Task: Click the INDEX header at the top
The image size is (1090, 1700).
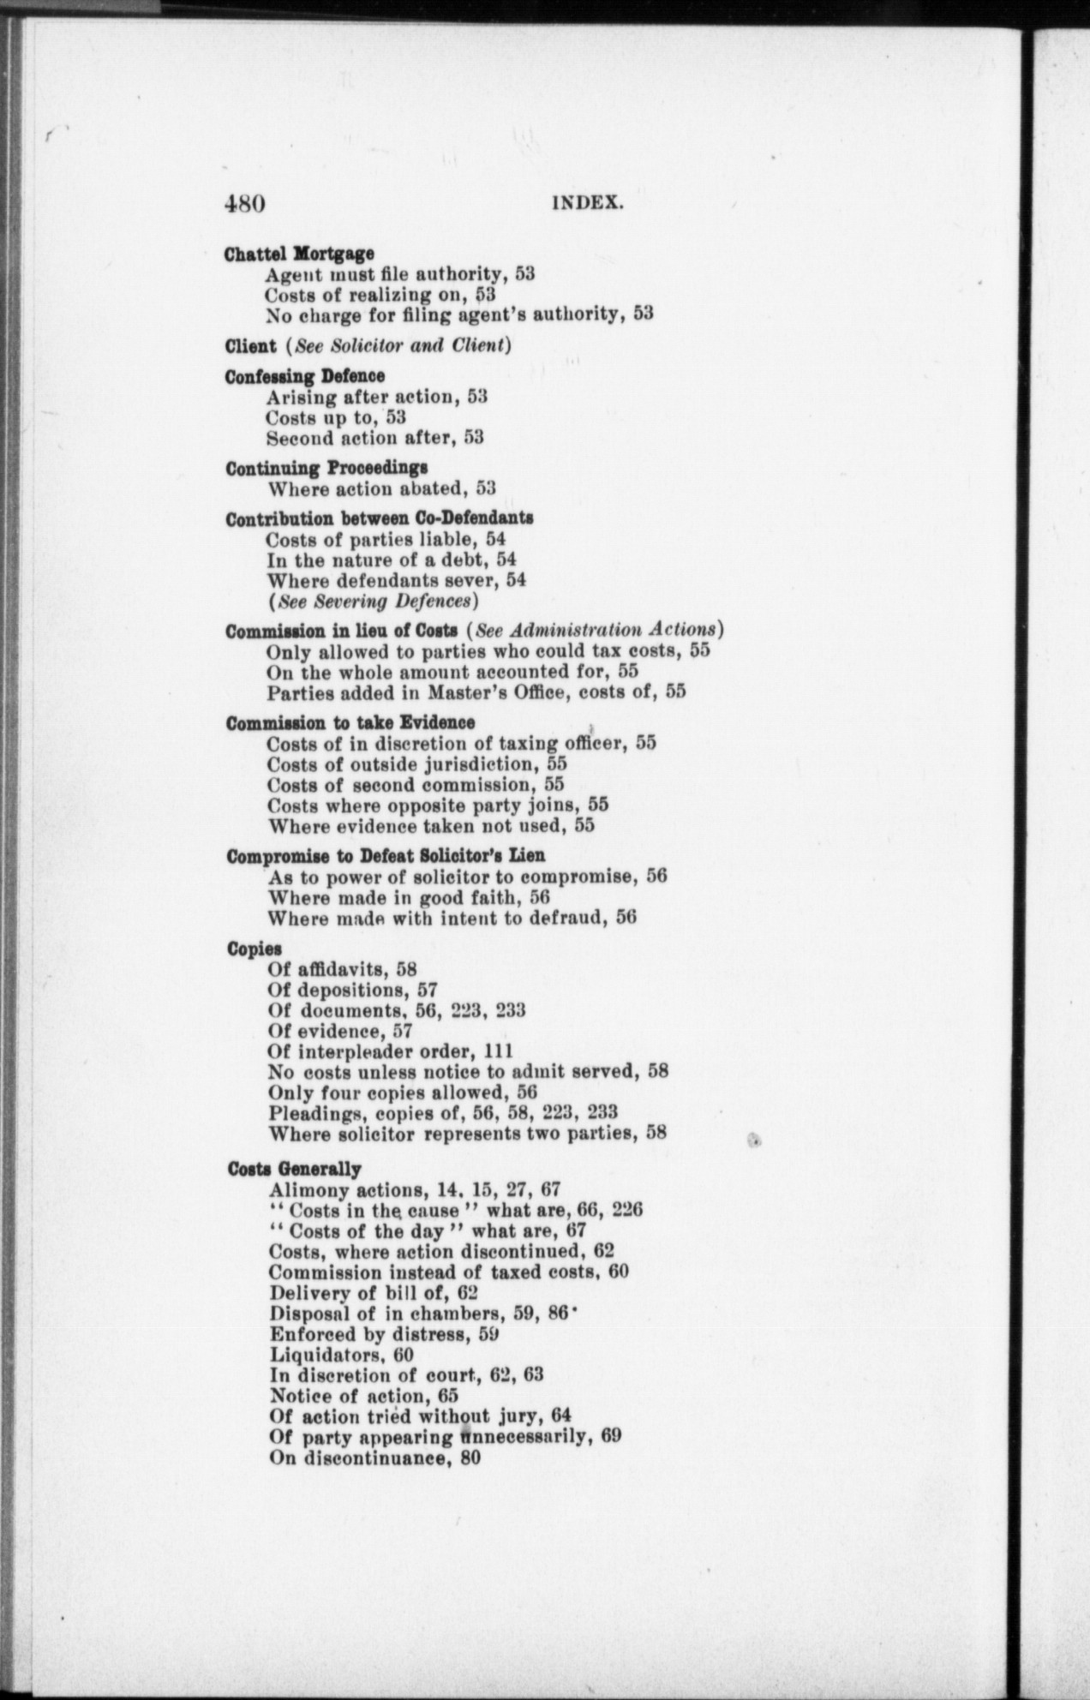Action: pos(586,204)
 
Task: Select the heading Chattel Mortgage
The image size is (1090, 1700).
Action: pos(299,254)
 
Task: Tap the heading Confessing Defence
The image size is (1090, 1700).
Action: pos(304,376)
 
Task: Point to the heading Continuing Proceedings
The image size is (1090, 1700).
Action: pos(326,469)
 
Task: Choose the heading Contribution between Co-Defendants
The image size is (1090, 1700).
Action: pos(380,518)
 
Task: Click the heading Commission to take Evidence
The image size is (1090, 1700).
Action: pos(350,722)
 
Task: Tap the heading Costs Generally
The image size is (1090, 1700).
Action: pos(294,1169)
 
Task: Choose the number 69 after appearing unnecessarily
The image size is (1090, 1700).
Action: pos(610,1436)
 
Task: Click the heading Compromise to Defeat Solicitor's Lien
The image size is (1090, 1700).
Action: pos(386,855)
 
